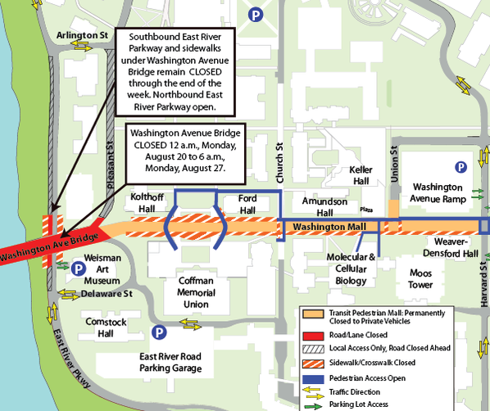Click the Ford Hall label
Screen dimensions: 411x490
(247, 205)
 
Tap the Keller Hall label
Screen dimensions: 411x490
(361, 174)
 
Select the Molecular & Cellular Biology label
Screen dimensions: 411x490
(350, 269)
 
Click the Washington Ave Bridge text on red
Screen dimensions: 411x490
(51, 244)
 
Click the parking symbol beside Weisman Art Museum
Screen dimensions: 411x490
(78, 267)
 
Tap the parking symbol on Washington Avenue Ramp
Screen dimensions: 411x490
(461, 166)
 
